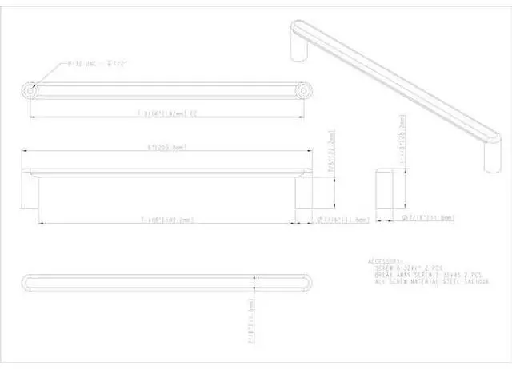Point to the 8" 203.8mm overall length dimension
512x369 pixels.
[167, 148]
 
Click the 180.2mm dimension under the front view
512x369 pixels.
[167, 219]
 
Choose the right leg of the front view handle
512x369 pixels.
[302, 196]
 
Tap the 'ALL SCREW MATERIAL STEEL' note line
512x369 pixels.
[432, 282]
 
